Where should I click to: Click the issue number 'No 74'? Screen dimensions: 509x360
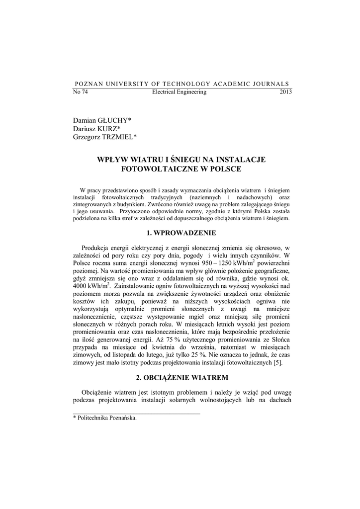(81, 92)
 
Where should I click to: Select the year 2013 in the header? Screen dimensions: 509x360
(286, 92)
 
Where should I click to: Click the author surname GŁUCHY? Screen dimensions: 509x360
(113, 120)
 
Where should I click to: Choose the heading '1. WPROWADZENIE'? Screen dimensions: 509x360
(182, 233)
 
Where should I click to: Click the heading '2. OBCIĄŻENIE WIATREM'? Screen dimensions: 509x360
(182, 378)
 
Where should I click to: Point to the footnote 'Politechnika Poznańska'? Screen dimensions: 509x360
(106, 418)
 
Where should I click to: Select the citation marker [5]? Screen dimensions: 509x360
(278, 363)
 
